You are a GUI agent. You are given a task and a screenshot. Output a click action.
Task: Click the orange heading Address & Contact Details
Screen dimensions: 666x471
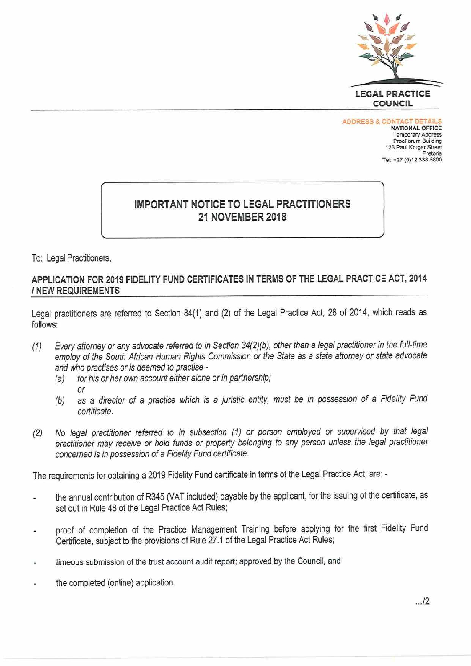click(x=392, y=121)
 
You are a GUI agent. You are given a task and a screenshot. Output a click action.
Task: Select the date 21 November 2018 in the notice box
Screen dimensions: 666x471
click(x=242, y=217)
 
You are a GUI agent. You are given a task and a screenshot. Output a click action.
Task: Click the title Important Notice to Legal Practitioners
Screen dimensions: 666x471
click(x=242, y=204)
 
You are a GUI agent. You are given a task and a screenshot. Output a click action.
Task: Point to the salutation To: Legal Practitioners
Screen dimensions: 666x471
click(x=71, y=258)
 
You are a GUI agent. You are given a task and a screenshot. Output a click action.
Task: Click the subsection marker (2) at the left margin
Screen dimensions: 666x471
click(x=36, y=433)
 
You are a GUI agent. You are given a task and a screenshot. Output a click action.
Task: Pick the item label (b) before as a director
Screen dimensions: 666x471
click(x=60, y=401)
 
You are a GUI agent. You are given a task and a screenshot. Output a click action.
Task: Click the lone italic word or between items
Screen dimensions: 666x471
click(x=81, y=390)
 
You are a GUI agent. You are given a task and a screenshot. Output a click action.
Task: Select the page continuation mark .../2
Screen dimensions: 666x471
click(x=422, y=602)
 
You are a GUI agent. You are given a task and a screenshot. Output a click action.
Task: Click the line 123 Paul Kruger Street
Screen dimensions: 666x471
click(x=413, y=147)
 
